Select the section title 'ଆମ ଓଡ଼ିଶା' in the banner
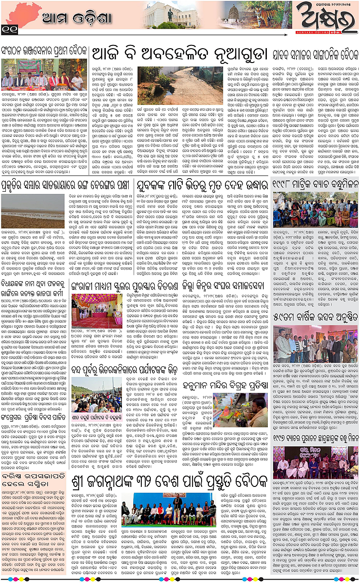click(x=67, y=18)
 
